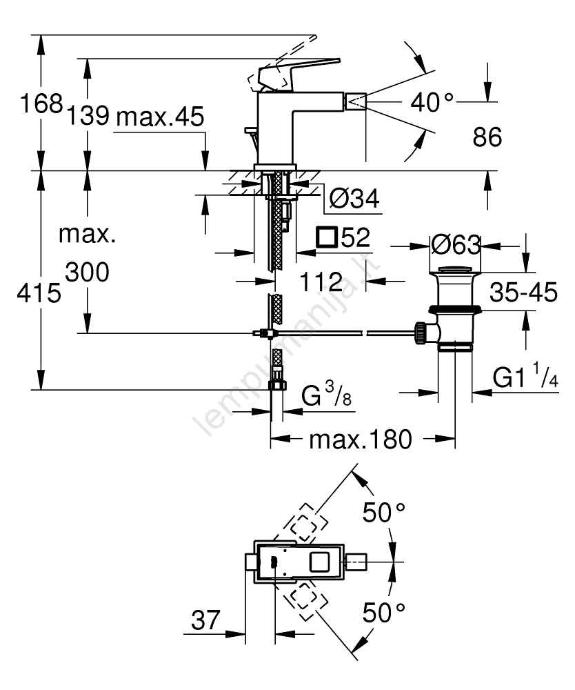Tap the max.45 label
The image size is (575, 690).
(x=159, y=117)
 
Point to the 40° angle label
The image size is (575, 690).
(x=432, y=103)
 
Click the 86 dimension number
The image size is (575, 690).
(x=487, y=137)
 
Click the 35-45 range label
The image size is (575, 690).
(x=524, y=293)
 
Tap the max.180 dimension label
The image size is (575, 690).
(x=360, y=439)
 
